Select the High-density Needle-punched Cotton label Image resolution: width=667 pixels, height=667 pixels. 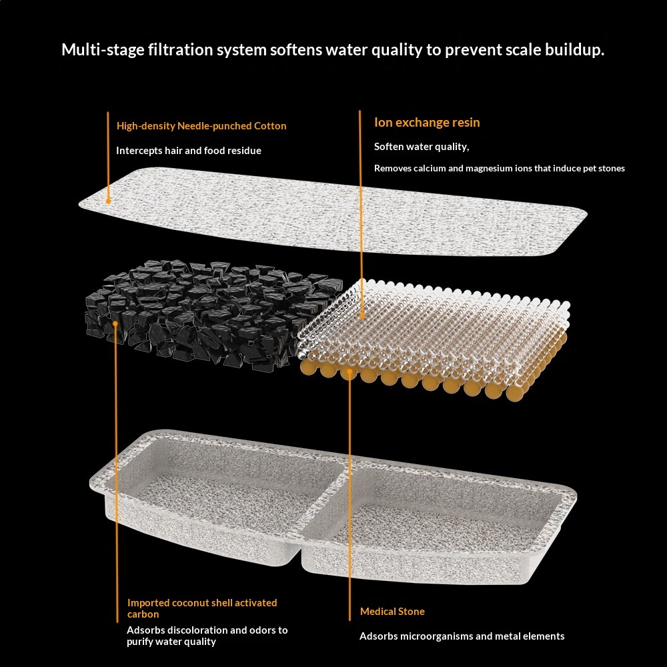click(x=201, y=125)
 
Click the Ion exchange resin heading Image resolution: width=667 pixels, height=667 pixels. click(x=427, y=123)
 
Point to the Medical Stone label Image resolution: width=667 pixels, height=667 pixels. click(x=392, y=612)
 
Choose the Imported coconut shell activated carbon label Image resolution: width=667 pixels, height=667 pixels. click(x=202, y=608)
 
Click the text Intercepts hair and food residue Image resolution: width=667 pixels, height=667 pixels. click(x=189, y=151)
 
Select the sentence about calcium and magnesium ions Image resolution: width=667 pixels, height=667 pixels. click(x=499, y=168)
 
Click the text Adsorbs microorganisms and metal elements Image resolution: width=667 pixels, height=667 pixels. click(x=462, y=636)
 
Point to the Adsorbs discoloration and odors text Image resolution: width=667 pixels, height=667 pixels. click(x=207, y=636)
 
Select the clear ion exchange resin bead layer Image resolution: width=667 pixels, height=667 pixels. click(x=440, y=327)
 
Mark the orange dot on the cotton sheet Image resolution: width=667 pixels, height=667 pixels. click(x=108, y=199)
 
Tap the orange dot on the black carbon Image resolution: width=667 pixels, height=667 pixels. click(x=116, y=324)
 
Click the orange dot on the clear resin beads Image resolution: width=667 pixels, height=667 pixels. click(x=360, y=315)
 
